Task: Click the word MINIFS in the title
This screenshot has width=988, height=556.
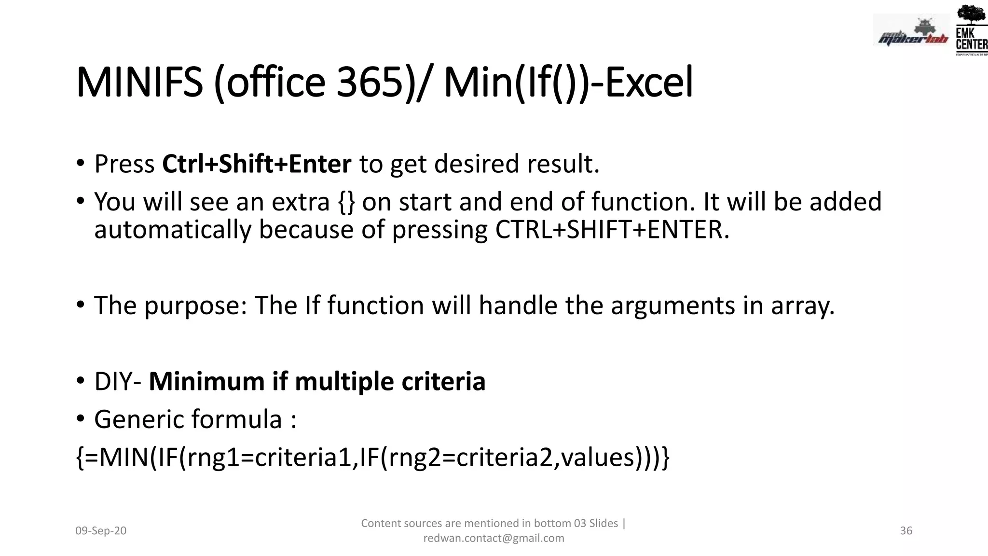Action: pyautogui.click(x=139, y=83)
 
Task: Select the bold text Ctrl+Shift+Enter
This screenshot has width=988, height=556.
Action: pyautogui.click(x=257, y=164)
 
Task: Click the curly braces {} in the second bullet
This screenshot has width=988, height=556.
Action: pyautogui.click(x=346, y=202)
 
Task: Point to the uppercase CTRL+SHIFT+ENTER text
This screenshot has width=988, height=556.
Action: pyautogui.click(x=612, y=230)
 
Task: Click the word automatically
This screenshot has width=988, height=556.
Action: pyautogui.click(x=173, y=230)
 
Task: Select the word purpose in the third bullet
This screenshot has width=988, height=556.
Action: pyautogui.click(x=195, y=306)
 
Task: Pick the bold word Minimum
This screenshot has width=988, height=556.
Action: pyautogui.click(x=206, y=382)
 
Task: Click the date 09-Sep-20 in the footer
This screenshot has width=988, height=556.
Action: pyautogui.click(x=101, y=531)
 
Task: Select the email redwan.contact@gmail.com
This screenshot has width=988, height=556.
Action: pyautogui.click(x=494, y=538)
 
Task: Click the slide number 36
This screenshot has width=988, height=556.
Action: pyautogui.click(x=906, y=531)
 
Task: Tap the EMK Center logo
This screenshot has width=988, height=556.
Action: pyautogui.click(x=971, y=30)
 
